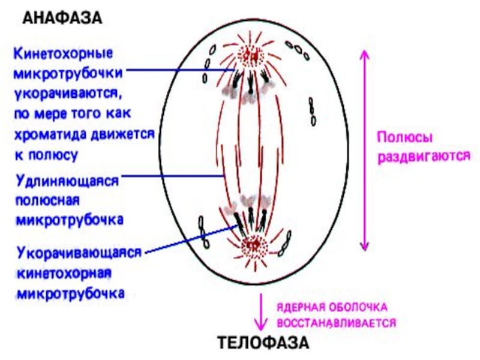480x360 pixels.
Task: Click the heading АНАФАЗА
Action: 62,18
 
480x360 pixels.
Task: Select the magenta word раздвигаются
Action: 422,157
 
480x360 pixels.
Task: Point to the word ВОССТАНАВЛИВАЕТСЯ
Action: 336,322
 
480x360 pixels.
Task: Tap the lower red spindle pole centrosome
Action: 252,245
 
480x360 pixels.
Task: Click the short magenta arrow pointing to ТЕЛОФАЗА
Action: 260,312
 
